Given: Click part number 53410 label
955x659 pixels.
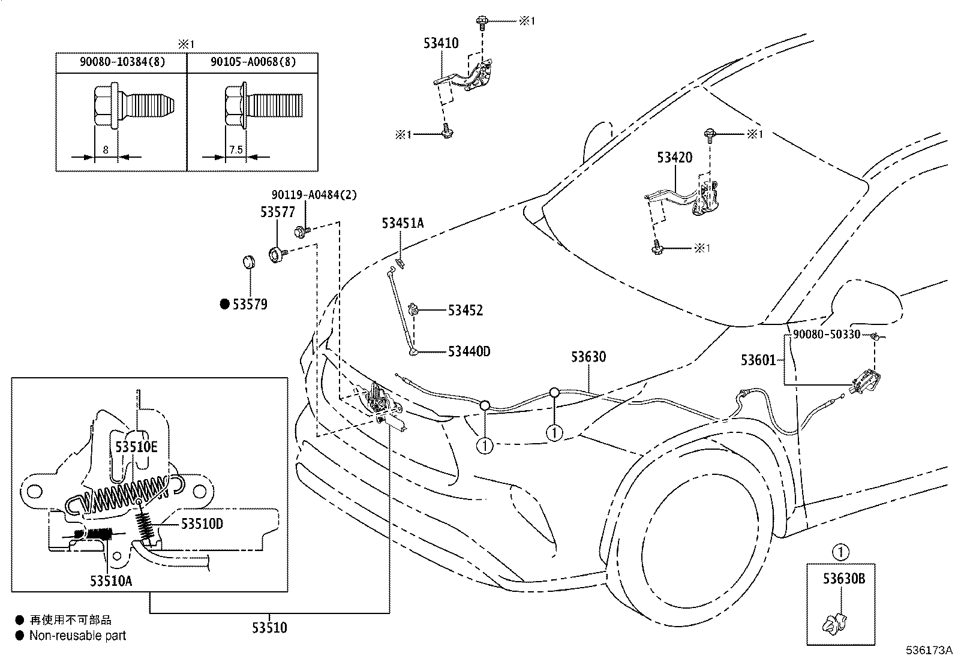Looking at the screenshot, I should tap(441, 43).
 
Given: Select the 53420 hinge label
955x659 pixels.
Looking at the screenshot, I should tap(674, 158).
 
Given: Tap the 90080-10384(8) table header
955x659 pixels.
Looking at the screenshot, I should tap(122, 62).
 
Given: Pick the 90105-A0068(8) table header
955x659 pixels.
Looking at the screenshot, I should tap(253, 62).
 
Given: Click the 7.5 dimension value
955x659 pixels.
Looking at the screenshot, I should tap(236, 150).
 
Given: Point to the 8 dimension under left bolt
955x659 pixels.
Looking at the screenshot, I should tap(106, 150).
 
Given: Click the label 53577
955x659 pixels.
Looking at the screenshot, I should tap(278, 212).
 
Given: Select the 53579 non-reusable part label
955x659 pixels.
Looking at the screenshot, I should tap(250, 305).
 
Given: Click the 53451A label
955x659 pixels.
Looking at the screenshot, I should tap(403, 224).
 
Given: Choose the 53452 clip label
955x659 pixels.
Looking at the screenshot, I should tap(465, 311).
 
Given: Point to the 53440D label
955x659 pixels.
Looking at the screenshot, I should tap(469, 351).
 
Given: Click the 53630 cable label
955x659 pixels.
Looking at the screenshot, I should tap(588, 357).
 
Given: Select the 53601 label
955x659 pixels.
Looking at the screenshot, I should tap(758, 360).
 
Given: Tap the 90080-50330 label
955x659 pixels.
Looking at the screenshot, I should tap(826, 335).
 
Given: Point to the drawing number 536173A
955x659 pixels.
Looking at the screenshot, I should tap(929, 650).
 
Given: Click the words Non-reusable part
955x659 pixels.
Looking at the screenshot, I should tap(78, 636).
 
